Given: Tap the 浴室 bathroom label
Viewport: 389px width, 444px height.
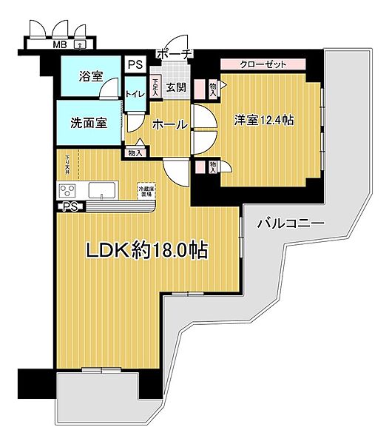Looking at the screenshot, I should point(91,77).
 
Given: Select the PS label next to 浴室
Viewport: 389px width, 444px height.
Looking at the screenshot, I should point(135,64).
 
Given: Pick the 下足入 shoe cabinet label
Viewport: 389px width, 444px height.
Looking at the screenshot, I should point(155,88).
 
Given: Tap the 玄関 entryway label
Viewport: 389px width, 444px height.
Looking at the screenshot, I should point(176,88).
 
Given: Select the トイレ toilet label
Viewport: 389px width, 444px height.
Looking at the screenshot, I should point(135,93).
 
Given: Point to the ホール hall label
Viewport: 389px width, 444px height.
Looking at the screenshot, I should point(169,125).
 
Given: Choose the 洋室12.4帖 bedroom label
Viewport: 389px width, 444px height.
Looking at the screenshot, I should point(263,120).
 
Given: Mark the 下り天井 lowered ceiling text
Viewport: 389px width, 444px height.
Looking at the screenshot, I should point(67,162).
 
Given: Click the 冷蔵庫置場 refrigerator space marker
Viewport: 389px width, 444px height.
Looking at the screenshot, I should point(146,192).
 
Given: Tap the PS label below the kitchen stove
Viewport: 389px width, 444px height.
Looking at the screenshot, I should point(70,206).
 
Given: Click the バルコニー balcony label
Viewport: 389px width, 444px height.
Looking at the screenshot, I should point(291,222).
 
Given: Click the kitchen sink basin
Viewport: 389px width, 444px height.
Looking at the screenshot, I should point(103,191).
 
